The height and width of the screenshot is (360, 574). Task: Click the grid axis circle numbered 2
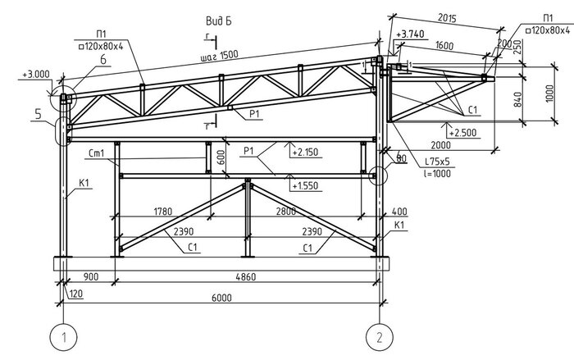[x=378, y=337]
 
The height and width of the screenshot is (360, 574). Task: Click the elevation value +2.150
[x=304, y=153]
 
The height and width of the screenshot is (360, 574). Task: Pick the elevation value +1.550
[x=304, y=187]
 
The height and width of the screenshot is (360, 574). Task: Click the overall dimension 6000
[x=220, y=298]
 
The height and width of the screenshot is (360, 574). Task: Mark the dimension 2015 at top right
[x=447, y=16]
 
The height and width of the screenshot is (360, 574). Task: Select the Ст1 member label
[x=95, y=153]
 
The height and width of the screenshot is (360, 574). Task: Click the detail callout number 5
[x=38, y=116]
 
